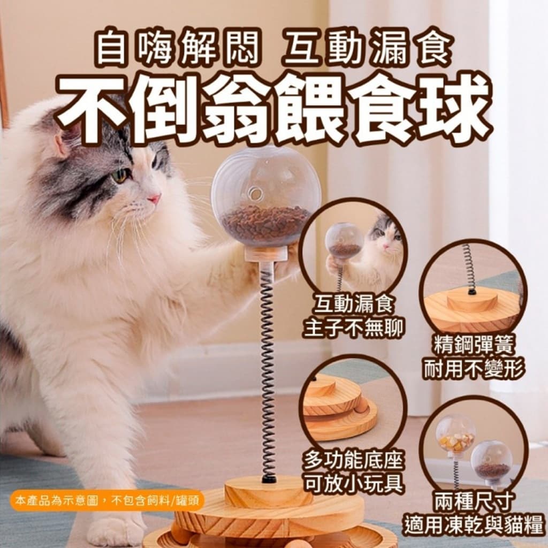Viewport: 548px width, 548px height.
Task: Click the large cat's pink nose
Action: tap(154, 199)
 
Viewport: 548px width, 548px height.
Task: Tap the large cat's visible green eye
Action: tap(120, 176)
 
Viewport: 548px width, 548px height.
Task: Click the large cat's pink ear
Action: tap(65, 140)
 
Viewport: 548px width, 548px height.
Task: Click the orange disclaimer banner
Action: tap(106, 500)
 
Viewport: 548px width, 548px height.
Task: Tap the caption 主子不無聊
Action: tap(353, 328)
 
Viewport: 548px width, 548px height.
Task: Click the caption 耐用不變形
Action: tap(474, 369)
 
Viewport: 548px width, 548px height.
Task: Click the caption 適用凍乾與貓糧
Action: tap(474, 524)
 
